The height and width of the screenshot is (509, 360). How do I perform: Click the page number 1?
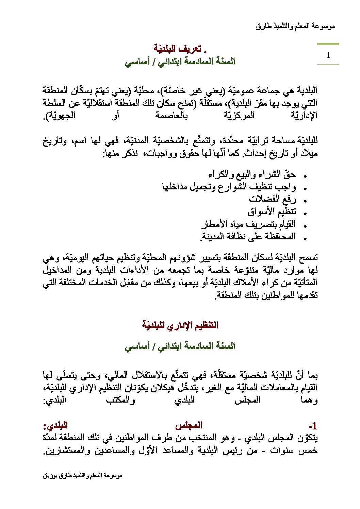click(328, 55)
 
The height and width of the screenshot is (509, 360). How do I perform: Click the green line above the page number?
click(328, 44)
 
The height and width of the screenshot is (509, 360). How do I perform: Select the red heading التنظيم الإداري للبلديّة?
click(180, 325)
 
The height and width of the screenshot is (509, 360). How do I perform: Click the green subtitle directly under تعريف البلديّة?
click(180, 62)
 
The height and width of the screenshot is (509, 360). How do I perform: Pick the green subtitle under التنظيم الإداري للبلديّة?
click(180, 346)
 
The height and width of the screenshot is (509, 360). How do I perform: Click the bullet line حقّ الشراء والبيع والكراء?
click(252, 174)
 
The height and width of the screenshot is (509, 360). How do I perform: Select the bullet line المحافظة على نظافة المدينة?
click(248, 236)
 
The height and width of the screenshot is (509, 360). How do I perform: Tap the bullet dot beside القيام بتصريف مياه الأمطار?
click(305, 226)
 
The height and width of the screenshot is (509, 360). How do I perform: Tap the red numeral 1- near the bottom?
click(313, 426)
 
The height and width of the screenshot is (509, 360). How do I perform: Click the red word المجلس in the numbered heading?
click(189, 425)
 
